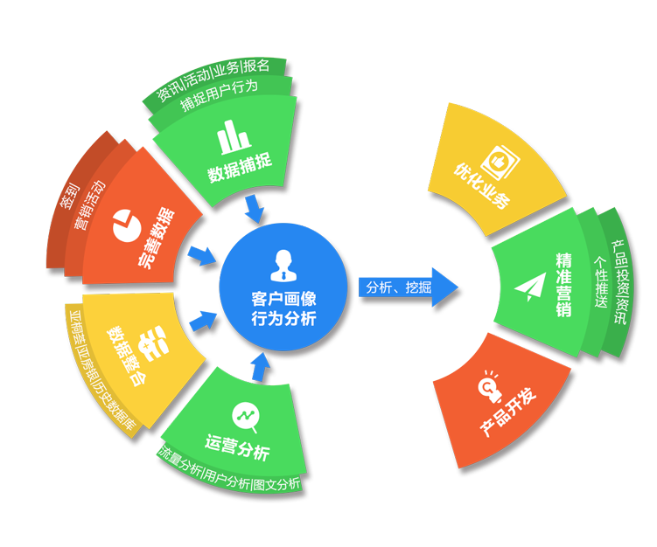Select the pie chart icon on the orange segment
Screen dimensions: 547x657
tap(128, 225)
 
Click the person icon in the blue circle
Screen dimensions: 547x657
tap(282, 261)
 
